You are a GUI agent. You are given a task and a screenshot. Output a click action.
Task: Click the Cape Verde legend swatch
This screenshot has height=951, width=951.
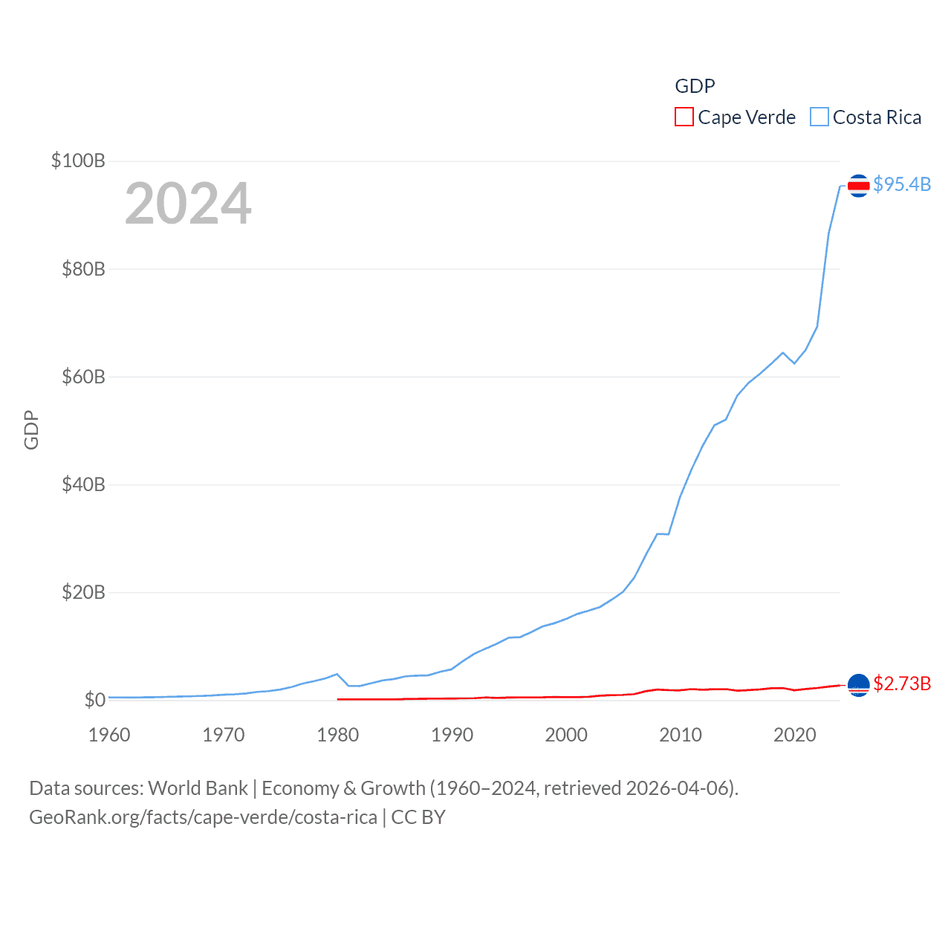coord(684,117)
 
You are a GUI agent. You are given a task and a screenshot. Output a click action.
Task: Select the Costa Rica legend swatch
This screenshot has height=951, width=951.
coord(819,117)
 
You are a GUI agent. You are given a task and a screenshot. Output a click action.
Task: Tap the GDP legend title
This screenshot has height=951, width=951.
coord(695,86)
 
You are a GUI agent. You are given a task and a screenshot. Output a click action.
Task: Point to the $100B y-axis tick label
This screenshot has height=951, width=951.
coord(78,160)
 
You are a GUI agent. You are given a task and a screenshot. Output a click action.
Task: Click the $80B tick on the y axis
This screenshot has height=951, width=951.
coord(83,269)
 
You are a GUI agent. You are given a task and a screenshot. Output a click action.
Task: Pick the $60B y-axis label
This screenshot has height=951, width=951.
coord(83,377)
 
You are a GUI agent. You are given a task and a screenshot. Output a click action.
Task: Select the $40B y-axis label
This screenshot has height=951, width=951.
coord(83,484)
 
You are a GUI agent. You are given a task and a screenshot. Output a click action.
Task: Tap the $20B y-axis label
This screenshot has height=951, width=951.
coord(83,592)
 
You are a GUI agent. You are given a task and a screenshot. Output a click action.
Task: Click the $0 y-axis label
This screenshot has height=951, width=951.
coord(94,700)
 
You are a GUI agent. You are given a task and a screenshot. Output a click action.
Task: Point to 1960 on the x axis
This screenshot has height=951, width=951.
coord(109,735)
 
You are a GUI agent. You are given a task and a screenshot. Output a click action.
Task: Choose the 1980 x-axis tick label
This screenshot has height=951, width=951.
coord(337,735)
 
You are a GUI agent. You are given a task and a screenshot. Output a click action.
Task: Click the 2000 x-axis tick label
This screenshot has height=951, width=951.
coord(566,735)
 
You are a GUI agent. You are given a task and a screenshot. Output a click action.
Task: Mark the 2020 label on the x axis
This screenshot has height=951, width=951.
coord(794,735)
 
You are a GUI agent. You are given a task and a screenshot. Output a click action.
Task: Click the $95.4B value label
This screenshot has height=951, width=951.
coord(902,184)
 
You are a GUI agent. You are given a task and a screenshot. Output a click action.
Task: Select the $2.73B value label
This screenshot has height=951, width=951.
coord(902,684)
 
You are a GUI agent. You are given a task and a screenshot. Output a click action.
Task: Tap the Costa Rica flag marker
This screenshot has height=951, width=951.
coord(858,186)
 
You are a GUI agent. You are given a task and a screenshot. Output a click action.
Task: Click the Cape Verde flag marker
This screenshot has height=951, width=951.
coord(858,685)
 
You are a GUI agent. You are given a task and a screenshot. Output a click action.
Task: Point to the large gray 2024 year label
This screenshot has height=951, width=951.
coord(188,204)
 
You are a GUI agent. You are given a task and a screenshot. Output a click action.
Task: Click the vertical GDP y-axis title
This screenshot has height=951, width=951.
coord(31,430)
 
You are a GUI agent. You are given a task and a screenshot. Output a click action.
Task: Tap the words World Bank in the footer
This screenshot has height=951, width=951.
coord(198,788)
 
